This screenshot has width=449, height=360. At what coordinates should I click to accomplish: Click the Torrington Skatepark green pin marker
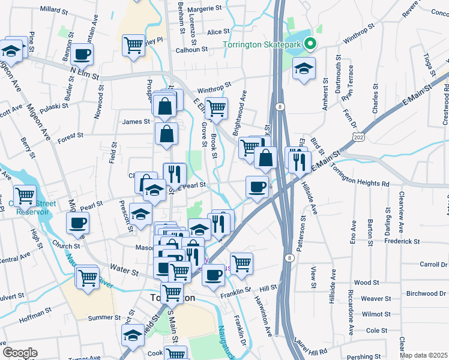(310, 44)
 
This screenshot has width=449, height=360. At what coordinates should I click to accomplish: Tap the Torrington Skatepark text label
(262, 44)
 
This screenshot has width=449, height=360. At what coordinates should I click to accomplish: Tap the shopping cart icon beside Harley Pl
(133, 44)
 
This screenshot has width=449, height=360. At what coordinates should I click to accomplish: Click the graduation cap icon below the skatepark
(304, 69)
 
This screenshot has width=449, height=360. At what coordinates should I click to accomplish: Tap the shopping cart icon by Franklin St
(241, 263)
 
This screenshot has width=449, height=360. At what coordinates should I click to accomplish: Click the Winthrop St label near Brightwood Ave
(214, 85)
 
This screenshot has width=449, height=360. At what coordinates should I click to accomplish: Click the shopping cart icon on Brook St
(217, 109)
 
